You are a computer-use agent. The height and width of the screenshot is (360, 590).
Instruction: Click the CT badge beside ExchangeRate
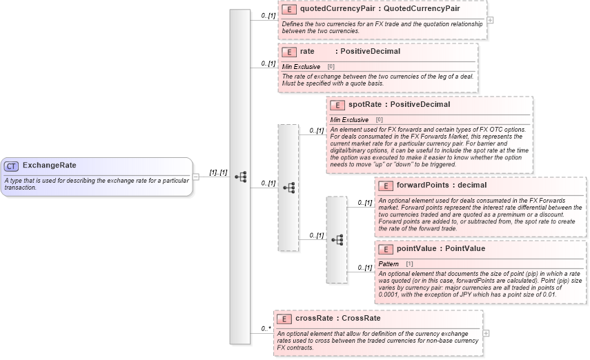click(12, 166)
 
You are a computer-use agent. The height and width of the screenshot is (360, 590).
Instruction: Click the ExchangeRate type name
click(49, 166)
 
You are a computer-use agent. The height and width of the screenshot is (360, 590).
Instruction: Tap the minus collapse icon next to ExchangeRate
click(196, 176)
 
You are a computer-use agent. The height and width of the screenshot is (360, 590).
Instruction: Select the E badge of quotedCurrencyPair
click(289, 10)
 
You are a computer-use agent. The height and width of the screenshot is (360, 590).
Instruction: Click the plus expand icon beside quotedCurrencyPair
click(490, 19)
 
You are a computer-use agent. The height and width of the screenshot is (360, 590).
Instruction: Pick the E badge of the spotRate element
click(337, 105)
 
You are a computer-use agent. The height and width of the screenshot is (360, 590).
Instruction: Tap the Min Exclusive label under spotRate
click(349, 120)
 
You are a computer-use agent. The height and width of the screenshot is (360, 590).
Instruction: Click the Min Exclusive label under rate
click(301, 67)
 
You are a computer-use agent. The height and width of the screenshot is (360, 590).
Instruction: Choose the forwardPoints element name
click(423, 186)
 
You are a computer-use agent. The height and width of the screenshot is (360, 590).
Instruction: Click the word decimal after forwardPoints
click(472, 186)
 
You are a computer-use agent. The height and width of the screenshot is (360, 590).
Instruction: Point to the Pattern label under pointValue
click(389, 264)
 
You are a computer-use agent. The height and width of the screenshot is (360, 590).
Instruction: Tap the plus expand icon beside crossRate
click(486, 333)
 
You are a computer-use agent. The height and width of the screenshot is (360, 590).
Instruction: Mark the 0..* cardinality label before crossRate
click(266, 329)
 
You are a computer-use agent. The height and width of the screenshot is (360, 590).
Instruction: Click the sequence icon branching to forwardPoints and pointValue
click(337, 240)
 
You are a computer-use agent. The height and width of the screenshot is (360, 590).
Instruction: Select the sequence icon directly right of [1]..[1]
click(240, 177)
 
